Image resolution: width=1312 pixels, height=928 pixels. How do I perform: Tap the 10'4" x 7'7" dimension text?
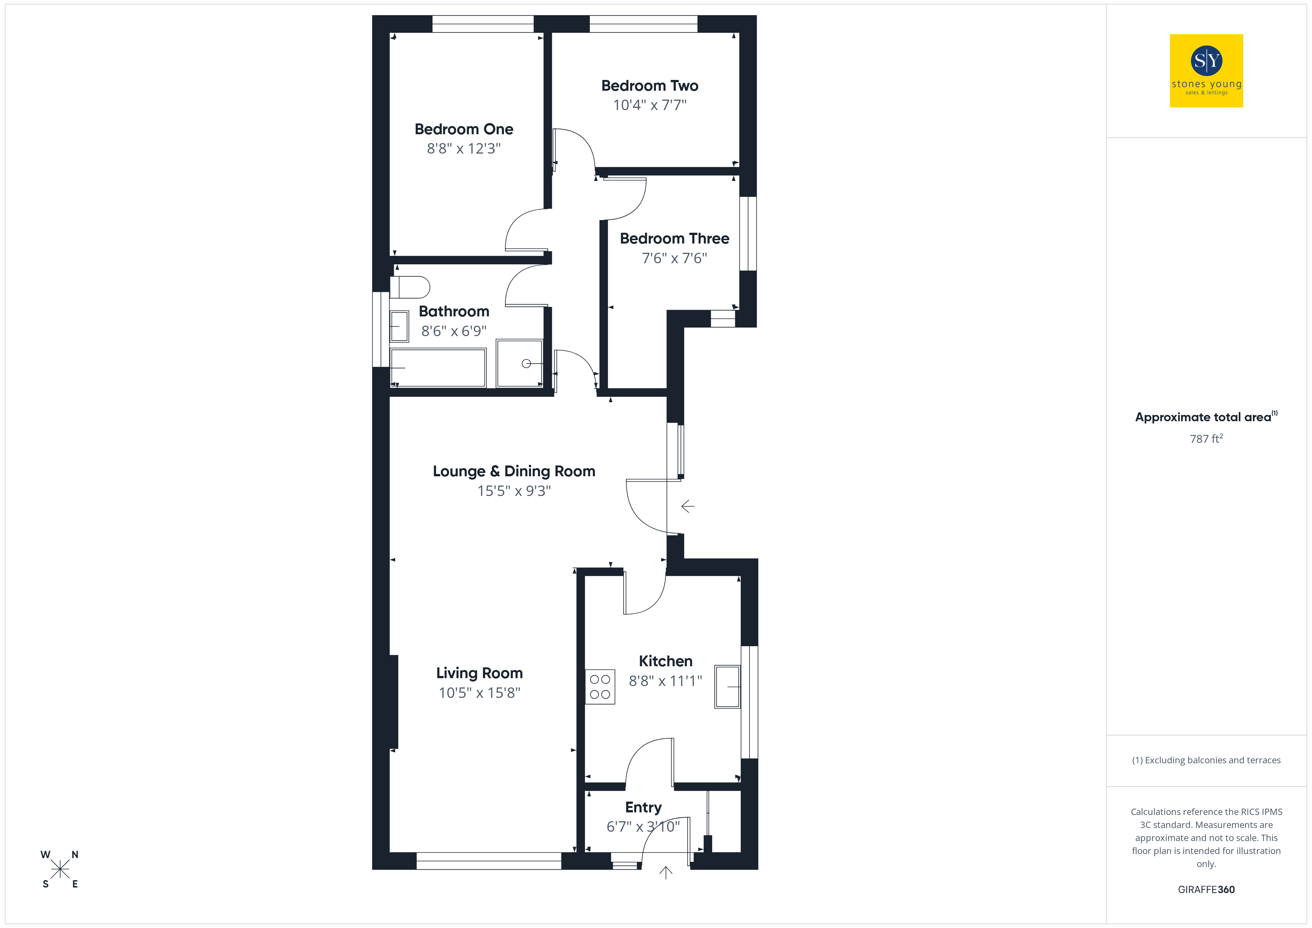click(x=650, y=105)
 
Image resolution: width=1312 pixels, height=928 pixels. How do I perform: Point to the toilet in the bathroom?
click(x=410, y=287)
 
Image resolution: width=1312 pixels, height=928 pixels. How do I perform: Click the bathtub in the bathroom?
click(x=438, y=367)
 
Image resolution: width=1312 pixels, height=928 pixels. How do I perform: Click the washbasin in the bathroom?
click(x=399, y=326)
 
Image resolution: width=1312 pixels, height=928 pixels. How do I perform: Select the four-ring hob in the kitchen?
click(x=600, y=687)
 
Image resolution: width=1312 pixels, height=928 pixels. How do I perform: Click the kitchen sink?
click(x=727, y=687)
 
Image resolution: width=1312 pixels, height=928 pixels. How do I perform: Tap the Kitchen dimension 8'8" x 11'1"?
click(x=665, y=681)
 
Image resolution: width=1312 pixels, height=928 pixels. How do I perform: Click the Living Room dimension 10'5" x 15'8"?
click(x=479, y=693)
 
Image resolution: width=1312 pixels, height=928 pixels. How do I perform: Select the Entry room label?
click(x=643, y=808)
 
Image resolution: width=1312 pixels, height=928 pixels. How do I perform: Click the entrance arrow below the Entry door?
click(x=666, y=872)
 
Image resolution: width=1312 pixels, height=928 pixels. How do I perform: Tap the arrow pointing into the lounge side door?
click(x=688, y=506)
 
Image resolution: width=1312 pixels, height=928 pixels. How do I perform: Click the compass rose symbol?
click(x=60, y=870)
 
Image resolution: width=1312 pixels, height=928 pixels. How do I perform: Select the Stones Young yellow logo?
click(x=1206, y=71)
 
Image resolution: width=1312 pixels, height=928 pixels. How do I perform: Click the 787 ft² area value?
click(x=1206, y=439)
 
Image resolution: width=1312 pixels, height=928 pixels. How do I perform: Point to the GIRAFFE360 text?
click(x=1206, y=890)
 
